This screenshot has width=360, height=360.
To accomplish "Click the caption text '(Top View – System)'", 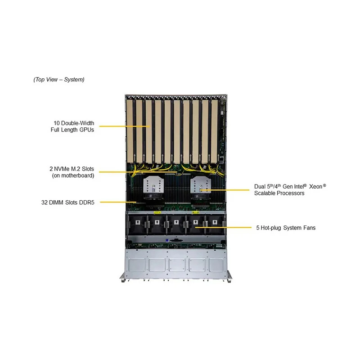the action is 59,80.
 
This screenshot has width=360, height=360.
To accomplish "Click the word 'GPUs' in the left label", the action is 86,130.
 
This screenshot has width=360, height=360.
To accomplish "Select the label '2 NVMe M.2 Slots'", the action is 72,169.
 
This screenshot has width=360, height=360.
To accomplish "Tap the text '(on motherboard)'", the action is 73,175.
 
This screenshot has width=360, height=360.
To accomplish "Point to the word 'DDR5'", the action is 86,202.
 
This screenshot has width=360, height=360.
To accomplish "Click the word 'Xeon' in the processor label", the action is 315,186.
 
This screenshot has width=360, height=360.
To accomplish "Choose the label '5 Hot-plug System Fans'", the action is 286,228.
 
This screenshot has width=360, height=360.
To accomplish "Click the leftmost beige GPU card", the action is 130,131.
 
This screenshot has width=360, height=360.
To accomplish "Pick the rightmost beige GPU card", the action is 214,131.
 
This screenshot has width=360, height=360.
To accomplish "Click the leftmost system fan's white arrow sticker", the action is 138,222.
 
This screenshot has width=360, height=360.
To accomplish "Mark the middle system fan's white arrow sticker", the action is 176,222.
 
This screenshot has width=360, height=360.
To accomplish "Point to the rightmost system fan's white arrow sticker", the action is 215,222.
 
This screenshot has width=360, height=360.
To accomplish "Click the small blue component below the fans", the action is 167,240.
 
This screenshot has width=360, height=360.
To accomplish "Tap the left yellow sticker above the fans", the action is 157,212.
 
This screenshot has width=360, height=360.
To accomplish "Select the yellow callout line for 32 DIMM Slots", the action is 118,202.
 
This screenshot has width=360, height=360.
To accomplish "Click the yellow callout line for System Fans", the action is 223,228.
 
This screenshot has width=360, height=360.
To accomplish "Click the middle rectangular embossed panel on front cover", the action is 177,265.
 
